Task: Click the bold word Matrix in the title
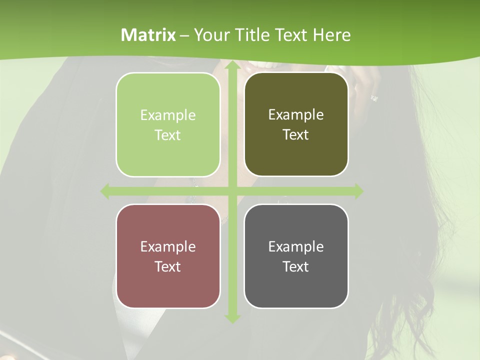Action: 148,35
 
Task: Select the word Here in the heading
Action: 331,35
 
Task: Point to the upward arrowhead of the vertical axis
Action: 232,66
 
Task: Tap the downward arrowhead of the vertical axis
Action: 232,318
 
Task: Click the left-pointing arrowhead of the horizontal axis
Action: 105,191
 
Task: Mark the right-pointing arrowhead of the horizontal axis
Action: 358,191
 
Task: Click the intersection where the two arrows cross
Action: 232,191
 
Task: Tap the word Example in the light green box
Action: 168,115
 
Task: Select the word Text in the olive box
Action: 296,135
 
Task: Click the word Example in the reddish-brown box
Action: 168,247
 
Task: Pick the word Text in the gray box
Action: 296,266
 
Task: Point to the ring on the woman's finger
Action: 374,98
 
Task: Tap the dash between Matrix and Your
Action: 184,36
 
